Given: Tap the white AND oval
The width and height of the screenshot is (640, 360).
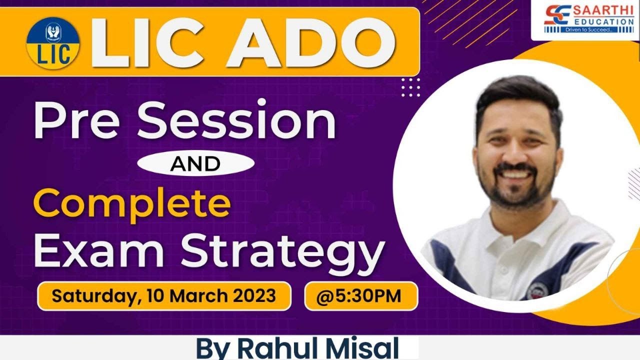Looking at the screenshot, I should coord(194,163).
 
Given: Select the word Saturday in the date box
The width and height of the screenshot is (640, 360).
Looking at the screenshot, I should coord(92,296).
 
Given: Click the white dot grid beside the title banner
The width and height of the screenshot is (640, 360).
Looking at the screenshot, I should coord(411,87).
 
